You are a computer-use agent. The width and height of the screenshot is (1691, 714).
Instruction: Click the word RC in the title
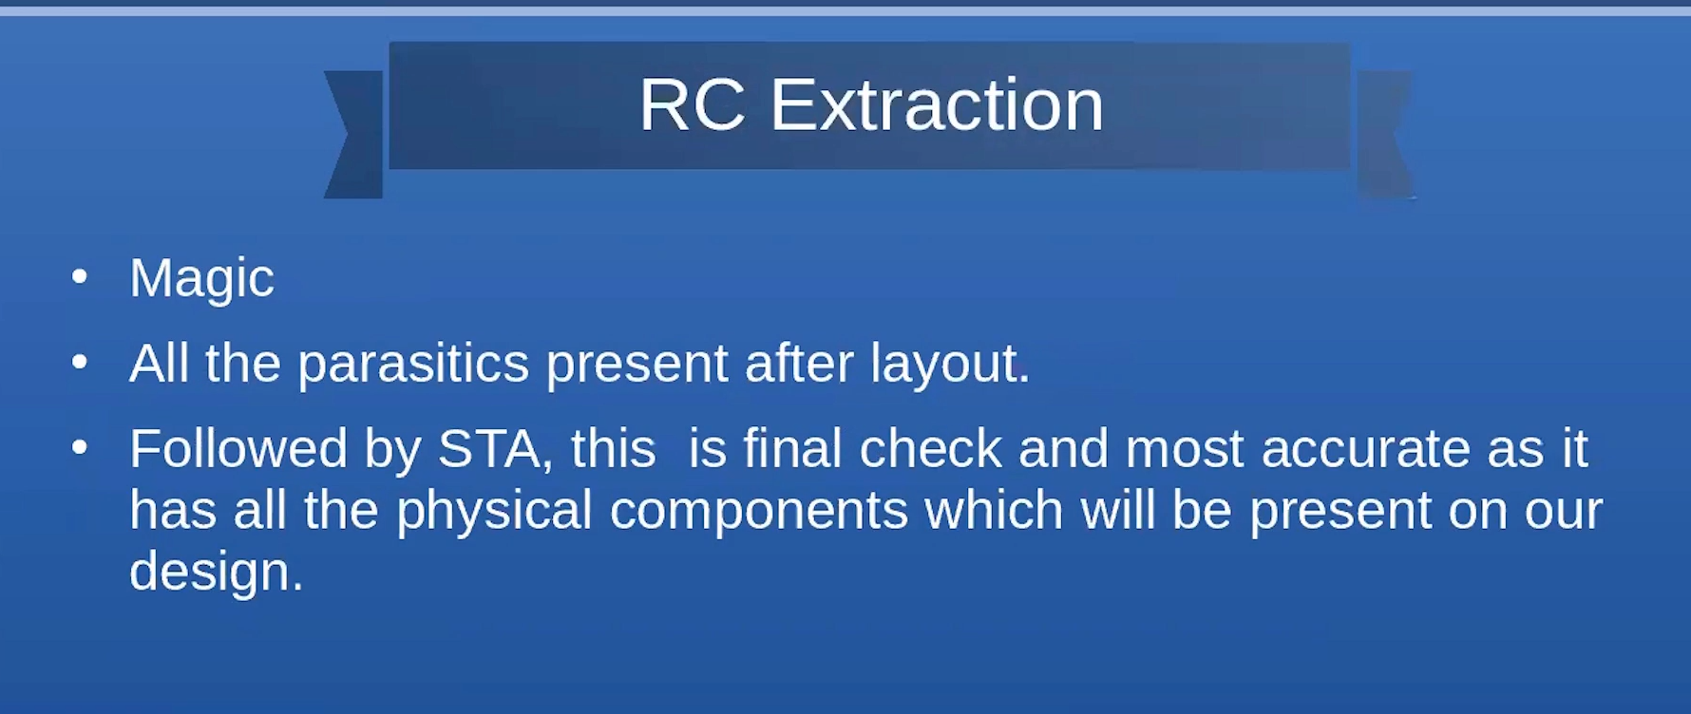point(692,104)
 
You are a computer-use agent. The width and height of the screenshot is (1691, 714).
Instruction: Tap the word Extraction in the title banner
point(937,104)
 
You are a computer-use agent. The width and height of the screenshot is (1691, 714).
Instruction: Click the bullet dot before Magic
point(80,276)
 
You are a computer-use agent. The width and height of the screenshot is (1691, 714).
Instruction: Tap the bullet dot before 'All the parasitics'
point(80,361)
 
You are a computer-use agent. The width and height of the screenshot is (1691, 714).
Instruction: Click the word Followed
point(238,448)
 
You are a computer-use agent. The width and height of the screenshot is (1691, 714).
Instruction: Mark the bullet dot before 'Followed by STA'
point(80,446)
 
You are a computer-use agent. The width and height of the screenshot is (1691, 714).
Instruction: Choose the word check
point(930,448)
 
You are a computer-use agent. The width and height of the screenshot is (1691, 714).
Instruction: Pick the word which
point(994,510)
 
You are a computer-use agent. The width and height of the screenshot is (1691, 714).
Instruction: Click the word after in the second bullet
point(799,364)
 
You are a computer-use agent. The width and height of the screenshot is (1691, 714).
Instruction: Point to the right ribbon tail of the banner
point(1384,134)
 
